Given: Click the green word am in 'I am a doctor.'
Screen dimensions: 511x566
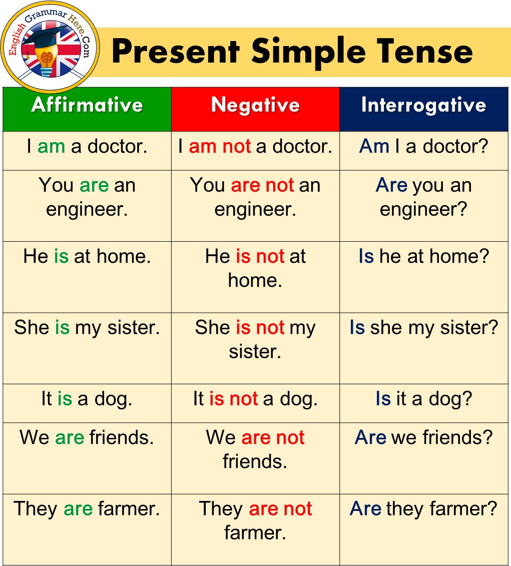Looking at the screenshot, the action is click(x=51, y=147).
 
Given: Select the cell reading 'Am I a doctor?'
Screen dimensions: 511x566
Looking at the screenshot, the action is click(x=423, y=151).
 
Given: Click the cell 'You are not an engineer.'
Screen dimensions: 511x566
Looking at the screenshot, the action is click(x=255, y=206).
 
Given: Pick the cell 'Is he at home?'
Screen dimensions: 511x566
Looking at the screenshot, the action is click(x=423, y=277).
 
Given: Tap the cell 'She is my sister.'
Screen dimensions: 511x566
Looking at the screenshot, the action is click(x=87, y=348).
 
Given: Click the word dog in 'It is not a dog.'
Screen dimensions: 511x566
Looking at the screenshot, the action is click(x=299, y=400).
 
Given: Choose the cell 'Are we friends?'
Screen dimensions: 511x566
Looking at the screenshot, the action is click(x=423, y=458).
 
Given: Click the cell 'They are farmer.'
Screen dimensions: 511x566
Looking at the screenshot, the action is click(x=87, y=529).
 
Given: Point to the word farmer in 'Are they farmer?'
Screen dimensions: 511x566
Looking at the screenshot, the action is click(x=463, y=508).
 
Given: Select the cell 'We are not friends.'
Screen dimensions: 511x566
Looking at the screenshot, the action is click(x=255, y=458).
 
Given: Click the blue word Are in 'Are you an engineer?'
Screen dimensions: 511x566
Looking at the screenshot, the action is click(x=391, y=185).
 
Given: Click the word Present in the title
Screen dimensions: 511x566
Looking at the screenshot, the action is click(x=176, y=51).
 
